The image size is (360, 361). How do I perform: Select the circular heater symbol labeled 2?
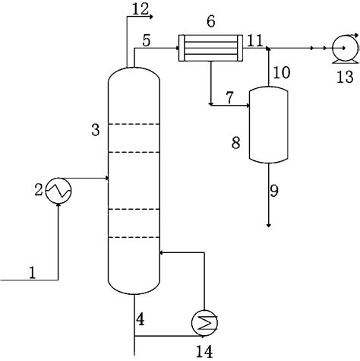pyautogui.click(x=58, y=189)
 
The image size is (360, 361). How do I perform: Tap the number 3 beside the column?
pyautogui.click(x=95, y=130)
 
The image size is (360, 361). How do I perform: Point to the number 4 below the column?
pyautogui.click(x=140, y=319)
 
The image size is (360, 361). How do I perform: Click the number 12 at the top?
pyautogui.click(x=140, y=8)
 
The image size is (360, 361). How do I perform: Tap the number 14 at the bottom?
pyautogui.click(x=204, y=350)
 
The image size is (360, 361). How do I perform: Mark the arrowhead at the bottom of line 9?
pyautogui.click(x=269, y=224)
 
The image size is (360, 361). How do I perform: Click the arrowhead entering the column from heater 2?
pyautogui.click(x=108, y=179)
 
